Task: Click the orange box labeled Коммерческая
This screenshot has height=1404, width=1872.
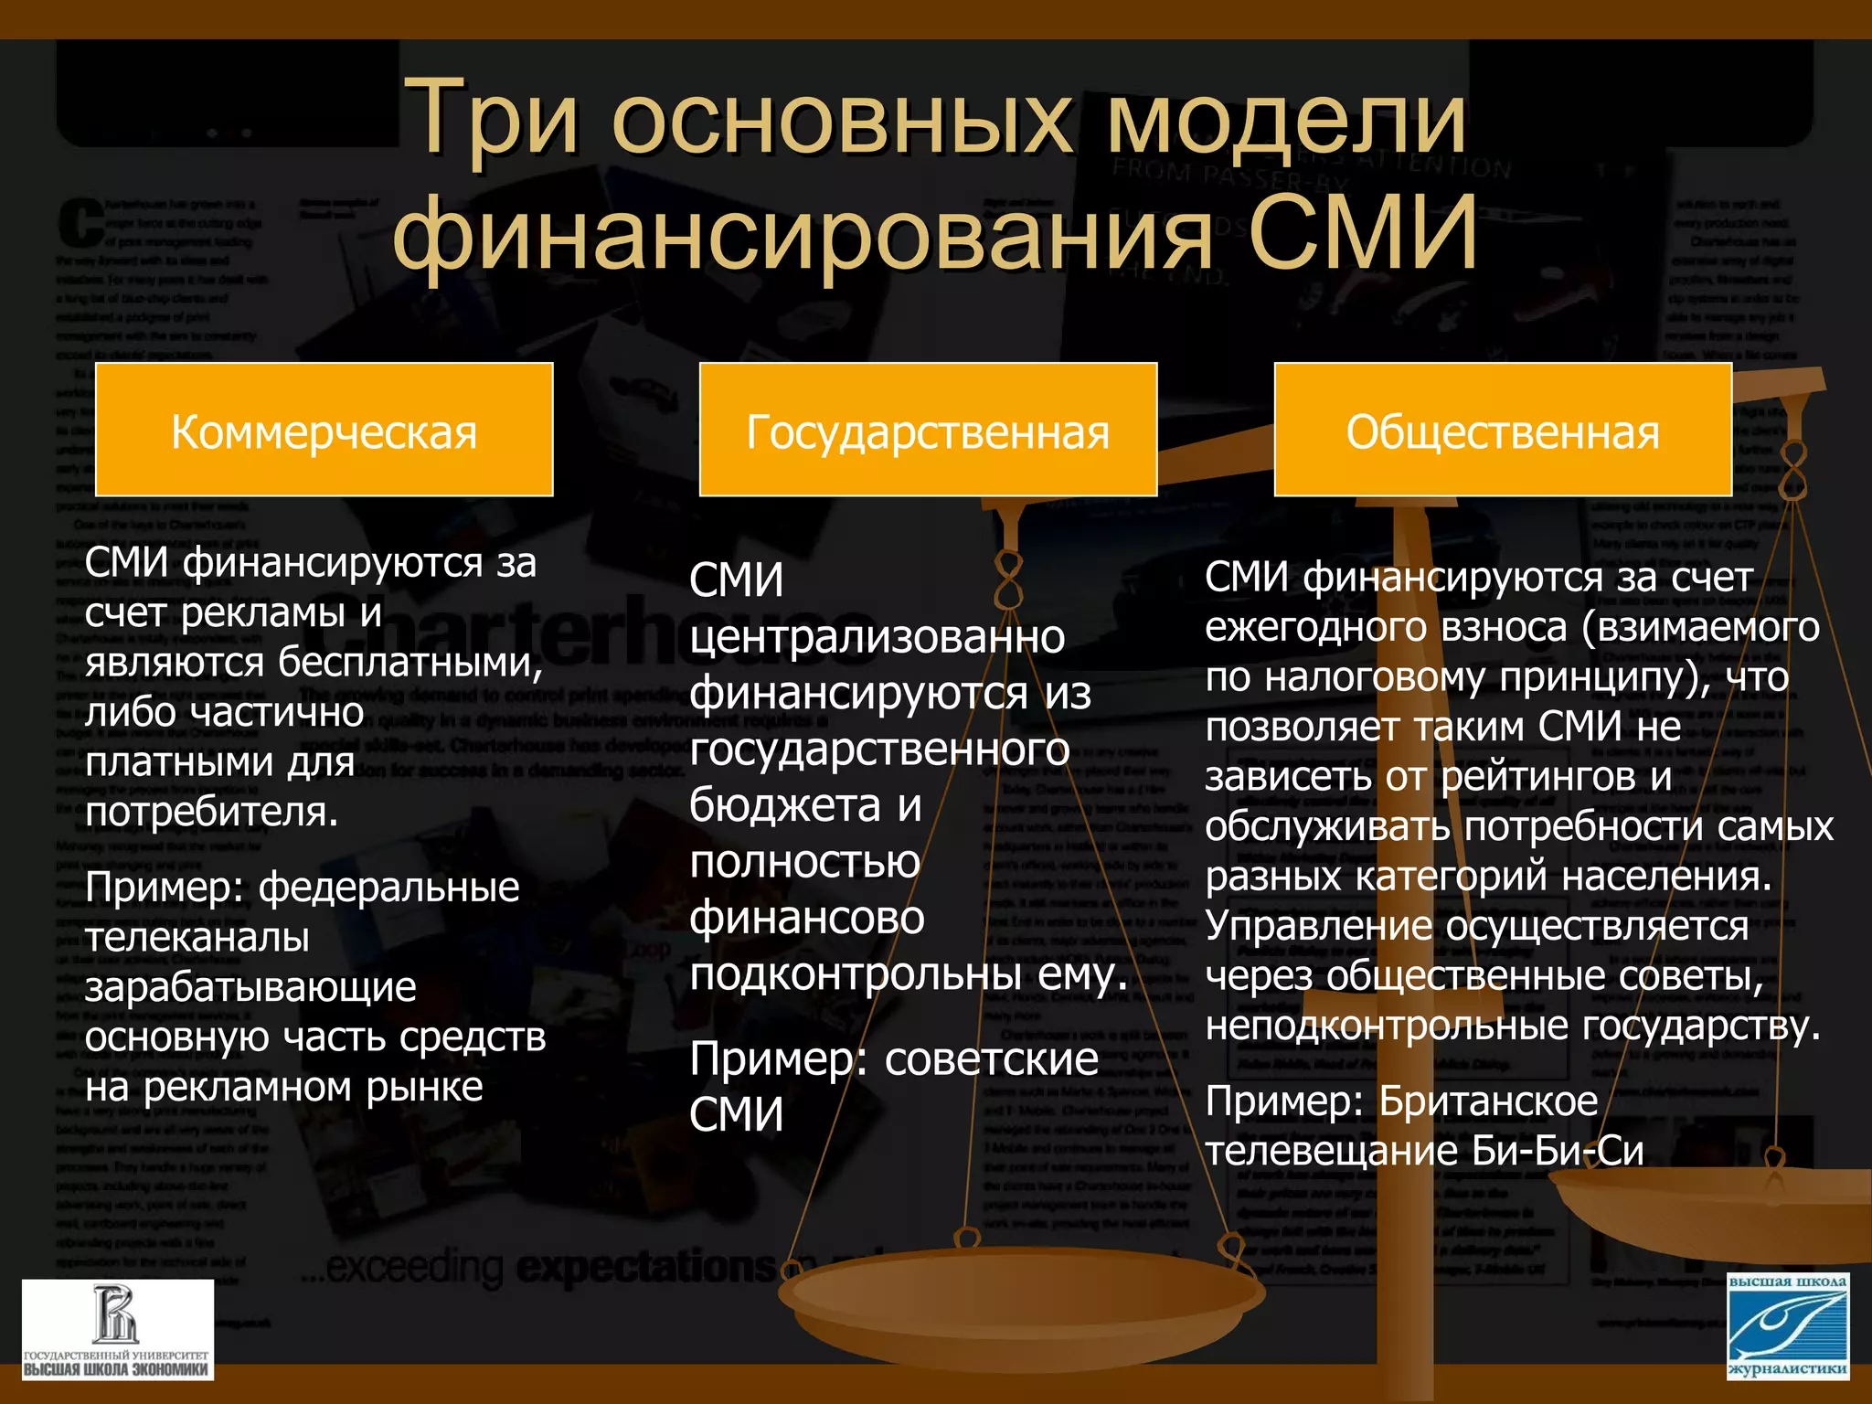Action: click(x=324, y=430)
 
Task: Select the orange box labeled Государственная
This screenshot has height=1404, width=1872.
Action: click(x=928, y=430)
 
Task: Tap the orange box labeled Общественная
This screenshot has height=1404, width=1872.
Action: click(x=1503, y=430)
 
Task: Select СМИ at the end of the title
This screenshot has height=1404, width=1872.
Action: click(x=1362, y=233)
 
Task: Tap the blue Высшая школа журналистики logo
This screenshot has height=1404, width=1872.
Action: click(x=1788, y=1326)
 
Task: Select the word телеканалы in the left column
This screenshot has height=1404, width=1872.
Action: click(x=197, y=938)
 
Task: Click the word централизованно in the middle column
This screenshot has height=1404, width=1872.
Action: click(x=877, y=637)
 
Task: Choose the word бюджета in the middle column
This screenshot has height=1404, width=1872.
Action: click(x=785, y=805)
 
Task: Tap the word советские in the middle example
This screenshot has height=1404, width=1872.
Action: click(x=991, y=1059)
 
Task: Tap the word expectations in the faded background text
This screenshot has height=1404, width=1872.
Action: click(x=645, y=1267)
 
